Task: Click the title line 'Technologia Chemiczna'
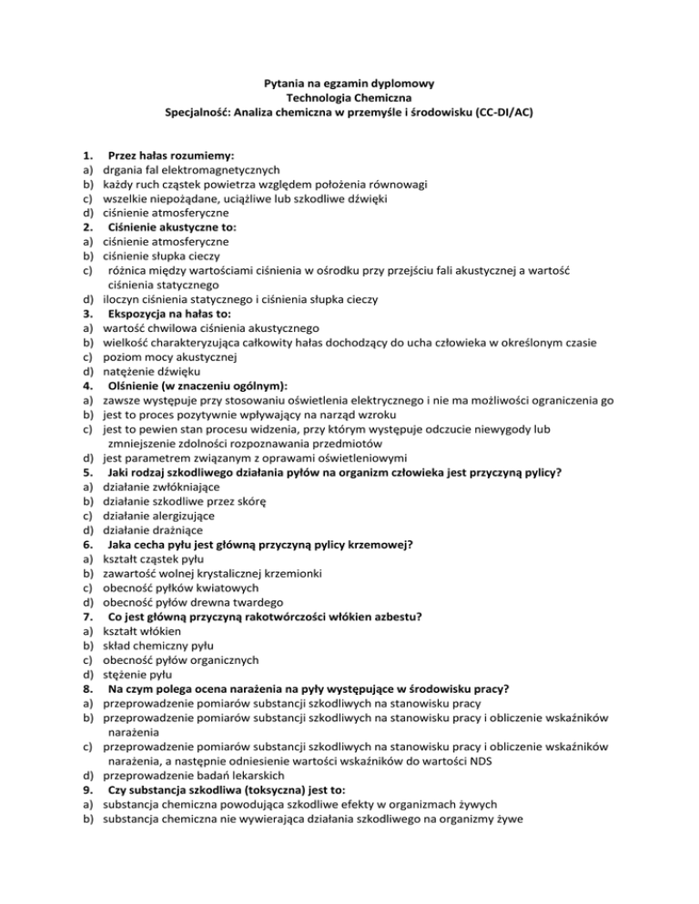[x=349, y=99]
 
